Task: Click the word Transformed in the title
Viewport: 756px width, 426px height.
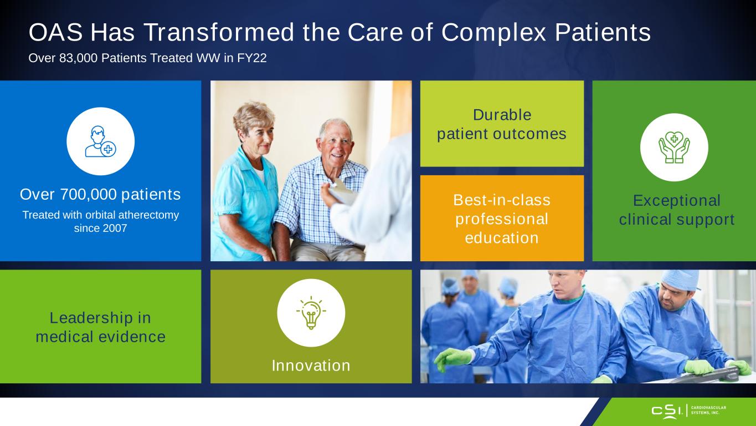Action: [x=219, y=32]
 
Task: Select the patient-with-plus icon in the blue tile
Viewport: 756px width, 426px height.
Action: [x=100, y=141]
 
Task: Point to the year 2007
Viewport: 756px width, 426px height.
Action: [x=115, y=228]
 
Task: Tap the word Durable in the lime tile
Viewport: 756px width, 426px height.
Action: [x=502, y=115]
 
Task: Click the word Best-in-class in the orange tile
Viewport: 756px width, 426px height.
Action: [x=502, y=200]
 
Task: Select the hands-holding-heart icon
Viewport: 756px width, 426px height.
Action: [x=674, y=148]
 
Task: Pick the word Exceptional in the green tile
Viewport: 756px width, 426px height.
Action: [x=677, y=200]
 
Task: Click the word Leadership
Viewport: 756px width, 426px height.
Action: [x=91, y=318]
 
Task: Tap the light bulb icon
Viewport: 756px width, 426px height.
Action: [x=311, y=313]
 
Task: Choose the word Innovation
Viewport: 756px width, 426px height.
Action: [x=311, y=366]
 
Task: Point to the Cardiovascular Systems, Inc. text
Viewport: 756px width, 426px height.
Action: [x=708, y=410]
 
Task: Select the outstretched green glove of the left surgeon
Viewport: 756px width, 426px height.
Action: [x=453, y=359]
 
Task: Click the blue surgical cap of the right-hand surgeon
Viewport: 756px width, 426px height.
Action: [x=679, y=279]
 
